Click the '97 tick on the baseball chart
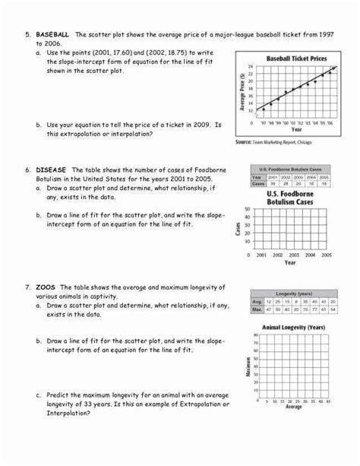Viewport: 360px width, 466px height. coord(263,122)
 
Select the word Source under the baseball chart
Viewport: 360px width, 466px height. coord(246,142)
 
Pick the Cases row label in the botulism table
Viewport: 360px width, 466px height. coord(258,183)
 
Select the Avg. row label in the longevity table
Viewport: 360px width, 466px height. coord(257,302)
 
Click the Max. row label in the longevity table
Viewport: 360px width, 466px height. coord(257,309)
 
